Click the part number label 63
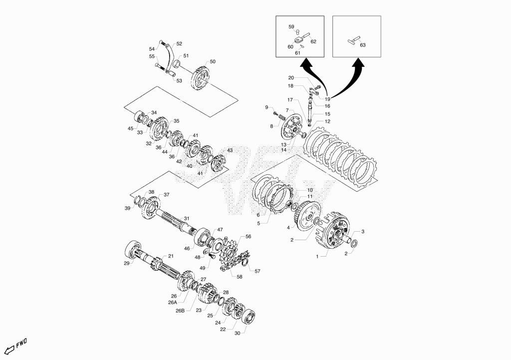(x=363, y=45)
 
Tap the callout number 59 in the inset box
(x=291, y=27)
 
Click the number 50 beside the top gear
(x=213, y=61)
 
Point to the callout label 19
(x=327, y=99)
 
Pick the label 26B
(x=180, y=311)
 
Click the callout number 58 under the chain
(x=240, y=277)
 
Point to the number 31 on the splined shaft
(x=187, y=219)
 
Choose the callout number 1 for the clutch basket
(x=317, y=257)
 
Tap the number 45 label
(x=130, y=128)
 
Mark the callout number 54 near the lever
(x=152, y=49)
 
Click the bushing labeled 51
(x=177, y=64)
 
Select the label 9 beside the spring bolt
(x=266, y=107)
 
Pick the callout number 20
(x=291, y=77)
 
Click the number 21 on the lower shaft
(x=171, y=256)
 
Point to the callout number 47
(x=220, y=230)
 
